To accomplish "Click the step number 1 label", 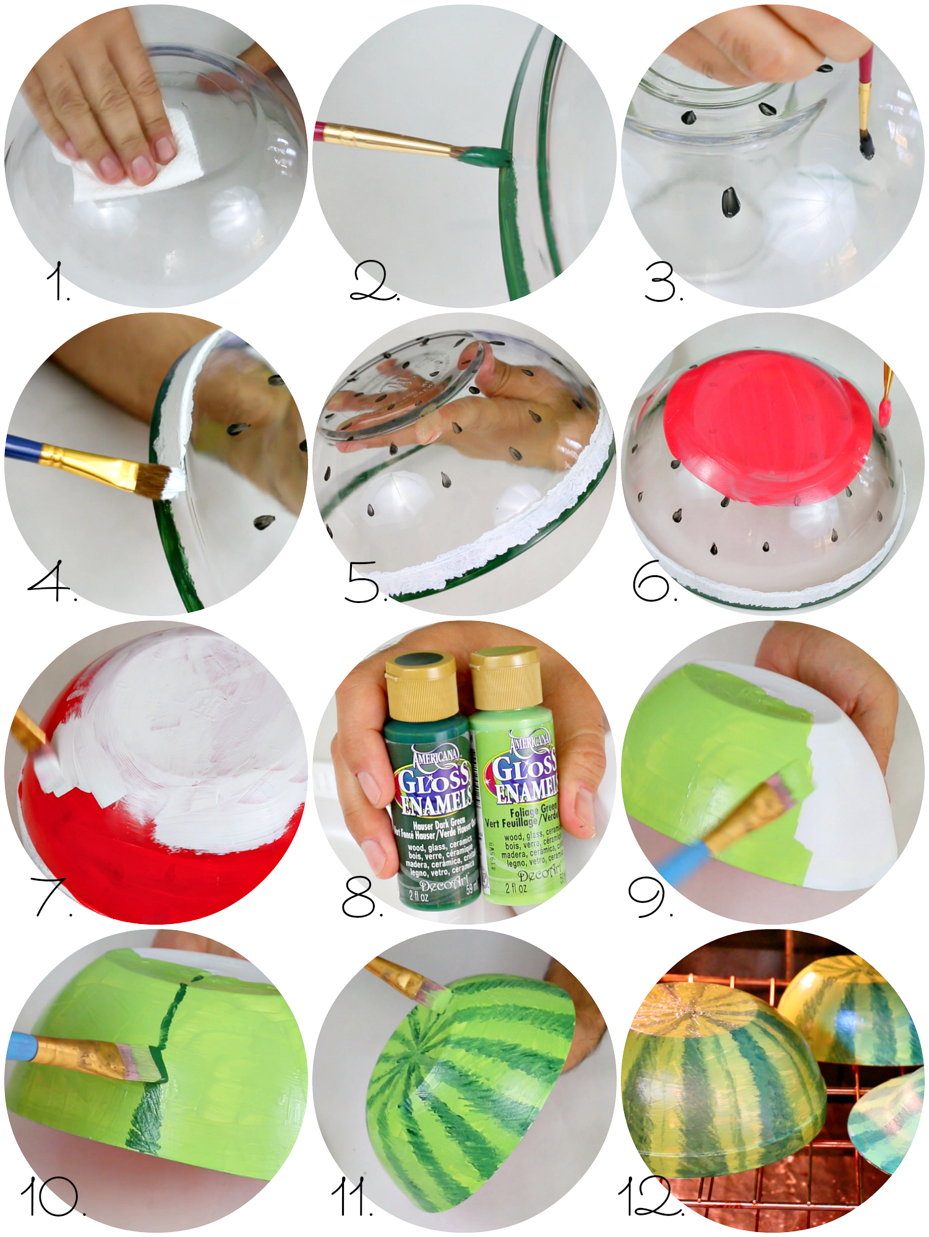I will [58, 281].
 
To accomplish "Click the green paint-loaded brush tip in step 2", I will [486, 156].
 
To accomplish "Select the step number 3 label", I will [663, 283].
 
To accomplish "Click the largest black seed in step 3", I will [730, 202].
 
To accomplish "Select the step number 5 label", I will [365, 582].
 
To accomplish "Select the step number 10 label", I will [52, 1197].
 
